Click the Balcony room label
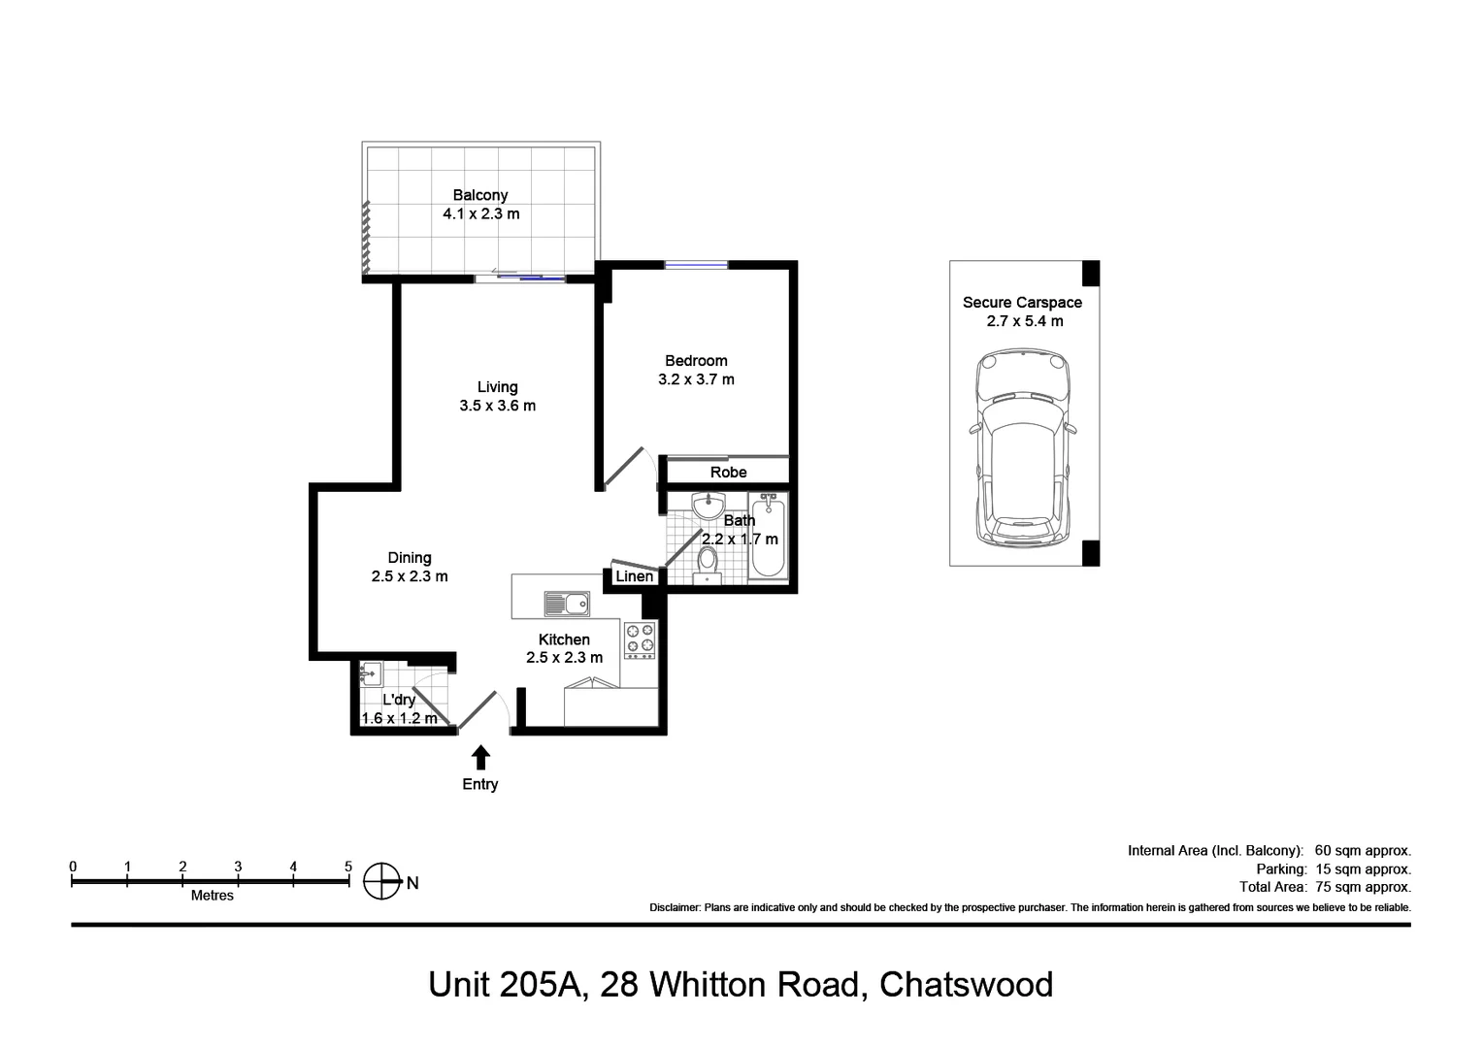coord(479,195)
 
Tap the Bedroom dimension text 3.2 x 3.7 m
coord(696,379)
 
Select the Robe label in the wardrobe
coord(728,473)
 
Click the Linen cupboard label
coord(634,576)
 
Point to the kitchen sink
coord(567,604)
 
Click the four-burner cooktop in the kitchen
coord(640,639)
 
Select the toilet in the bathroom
coord(708,563)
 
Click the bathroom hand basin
coord(709,506)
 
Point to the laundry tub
coord(369,672)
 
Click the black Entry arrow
coord(480,757)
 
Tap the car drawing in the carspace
coord(1024,449)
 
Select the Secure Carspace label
coord(1022,303)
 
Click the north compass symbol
coord(381,882)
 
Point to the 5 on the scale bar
coord(347,867)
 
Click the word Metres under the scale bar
coord(212,896)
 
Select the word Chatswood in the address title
coord(966,985)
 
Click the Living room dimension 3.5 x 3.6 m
coord(497,406)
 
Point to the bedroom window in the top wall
coord(696,264)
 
